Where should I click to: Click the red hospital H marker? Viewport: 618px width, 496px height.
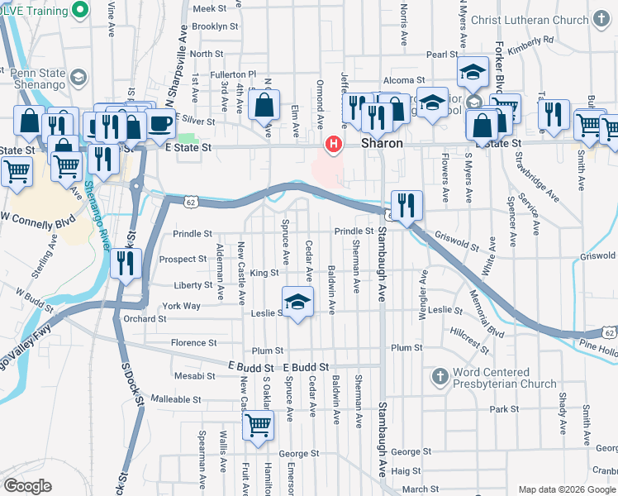coord(334,145)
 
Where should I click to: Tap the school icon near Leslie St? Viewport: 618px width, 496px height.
coord(298,301)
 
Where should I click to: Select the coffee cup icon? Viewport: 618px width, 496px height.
coord(160,125)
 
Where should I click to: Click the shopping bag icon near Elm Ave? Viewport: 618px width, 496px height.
coord(264,106)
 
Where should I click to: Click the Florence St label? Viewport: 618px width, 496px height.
coord(193,342)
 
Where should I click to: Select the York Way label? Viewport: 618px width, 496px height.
coord(181,306)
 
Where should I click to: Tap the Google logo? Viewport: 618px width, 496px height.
coord(27,486)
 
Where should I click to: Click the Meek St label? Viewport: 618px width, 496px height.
coord(210,8)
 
